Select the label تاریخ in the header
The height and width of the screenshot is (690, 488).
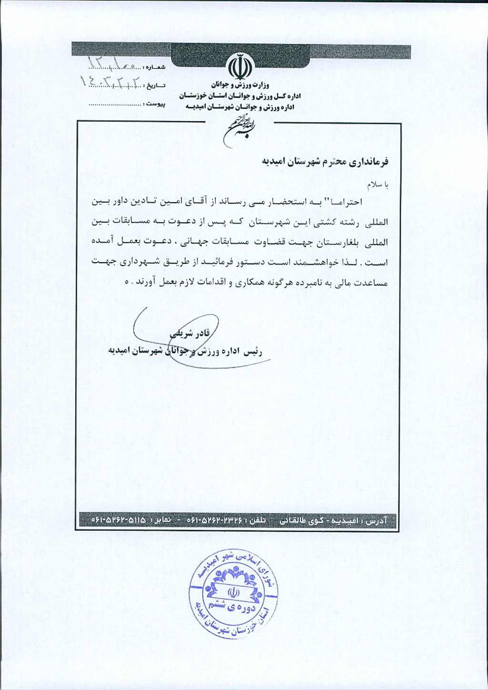[156, 85]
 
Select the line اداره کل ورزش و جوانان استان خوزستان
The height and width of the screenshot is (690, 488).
[240, 96]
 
